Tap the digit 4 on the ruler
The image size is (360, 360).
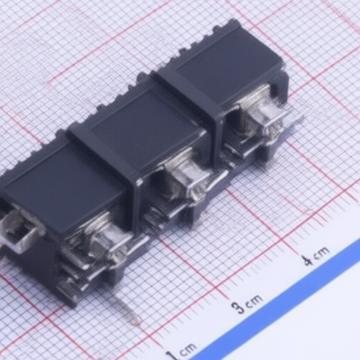(x=307, y=259)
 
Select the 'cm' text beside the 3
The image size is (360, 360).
(x=254, y=300)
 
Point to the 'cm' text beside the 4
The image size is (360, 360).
(x=321, y=252)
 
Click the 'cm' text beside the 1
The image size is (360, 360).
(x=187, y=349)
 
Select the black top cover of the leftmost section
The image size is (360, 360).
(x=63, y=185)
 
